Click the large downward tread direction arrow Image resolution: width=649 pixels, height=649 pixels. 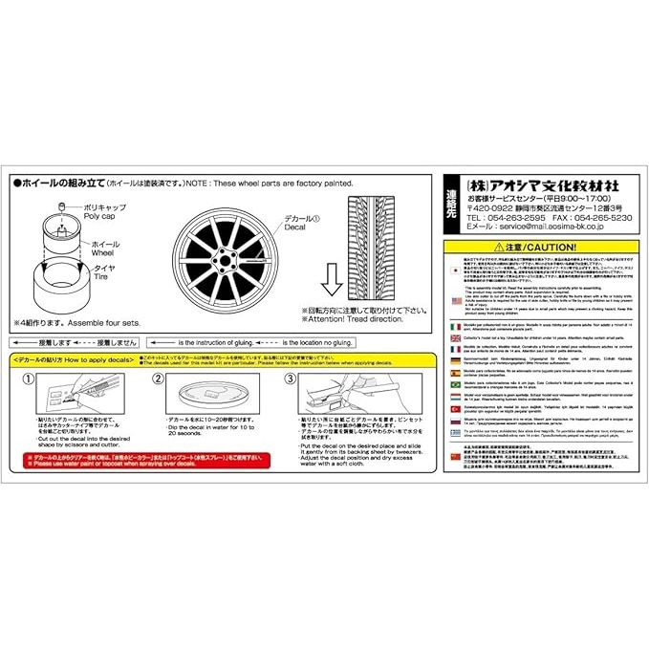[332, 281]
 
